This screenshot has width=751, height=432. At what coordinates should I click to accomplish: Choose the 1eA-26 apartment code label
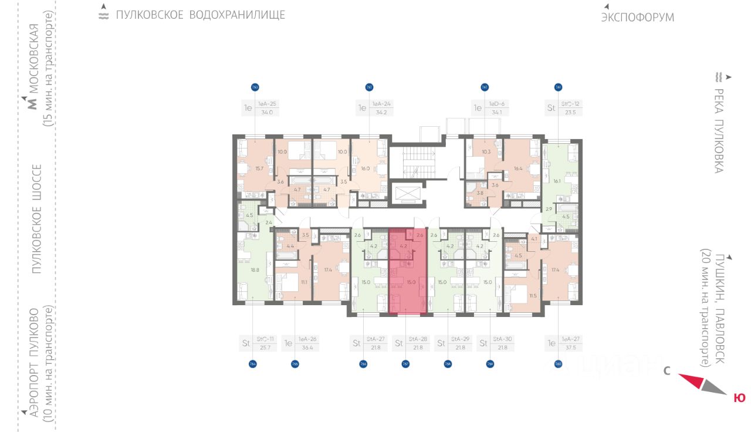point(307,339)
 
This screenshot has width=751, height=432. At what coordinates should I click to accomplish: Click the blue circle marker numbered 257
point(405,364)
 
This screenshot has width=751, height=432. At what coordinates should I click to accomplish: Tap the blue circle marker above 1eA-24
point(370,87)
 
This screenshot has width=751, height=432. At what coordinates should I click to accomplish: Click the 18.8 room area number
point(255,270)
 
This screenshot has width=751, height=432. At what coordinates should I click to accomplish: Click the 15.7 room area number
point(259,168)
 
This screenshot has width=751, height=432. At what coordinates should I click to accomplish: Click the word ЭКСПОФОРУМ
point(637,18)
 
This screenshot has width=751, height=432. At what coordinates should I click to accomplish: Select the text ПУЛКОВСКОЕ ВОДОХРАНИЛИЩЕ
point(200,15)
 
